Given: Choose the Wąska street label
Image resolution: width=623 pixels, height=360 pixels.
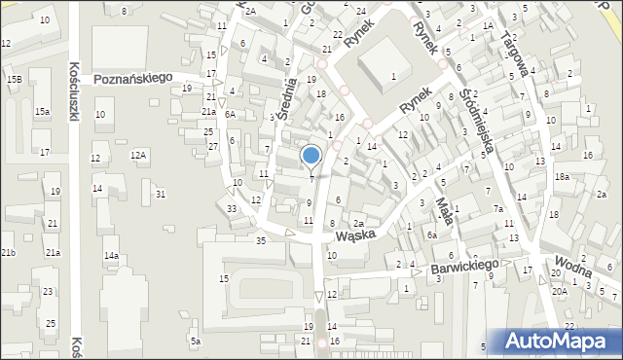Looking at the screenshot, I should (356, 235).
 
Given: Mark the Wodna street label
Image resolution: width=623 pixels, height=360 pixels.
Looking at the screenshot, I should (574, 263).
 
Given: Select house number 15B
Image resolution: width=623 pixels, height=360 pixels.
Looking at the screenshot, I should (14, 78).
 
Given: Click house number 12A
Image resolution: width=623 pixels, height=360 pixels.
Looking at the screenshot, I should (139, 155).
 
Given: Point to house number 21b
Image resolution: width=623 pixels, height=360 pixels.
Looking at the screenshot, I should (8, 253).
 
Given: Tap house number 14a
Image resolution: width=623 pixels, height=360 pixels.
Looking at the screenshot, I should (111, 256).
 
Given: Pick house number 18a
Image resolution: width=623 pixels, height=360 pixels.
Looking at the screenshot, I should (562, 177).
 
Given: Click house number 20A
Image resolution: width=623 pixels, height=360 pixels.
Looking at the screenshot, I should (559, 291).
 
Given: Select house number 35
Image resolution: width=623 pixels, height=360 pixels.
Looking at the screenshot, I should (260, 240).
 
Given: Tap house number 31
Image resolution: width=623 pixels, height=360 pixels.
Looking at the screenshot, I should (161, 195).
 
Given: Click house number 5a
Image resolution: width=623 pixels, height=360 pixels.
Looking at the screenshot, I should (195, 341).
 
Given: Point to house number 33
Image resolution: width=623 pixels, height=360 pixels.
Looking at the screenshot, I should (232, 209).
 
